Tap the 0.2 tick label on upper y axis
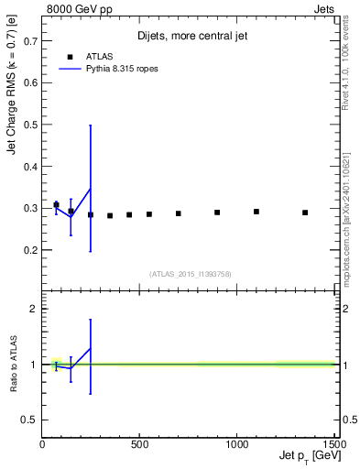(x=29, y=250)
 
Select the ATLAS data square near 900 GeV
(x=217, y=213)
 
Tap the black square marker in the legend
(x=70, y=56)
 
